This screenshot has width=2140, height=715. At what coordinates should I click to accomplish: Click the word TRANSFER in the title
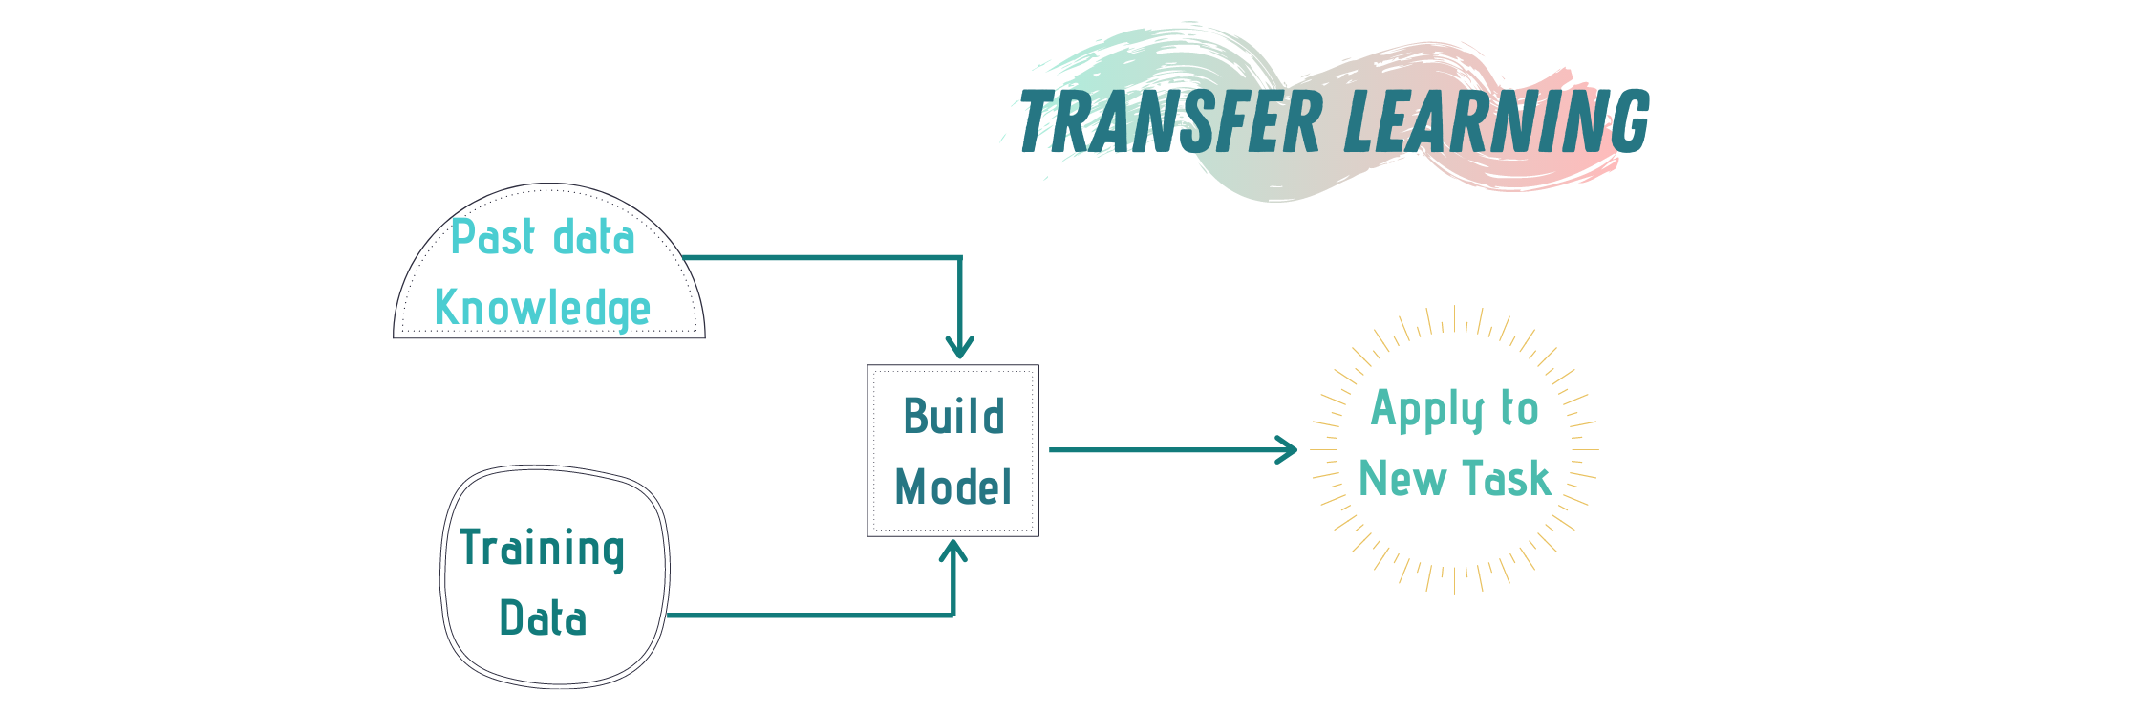point(1169,121)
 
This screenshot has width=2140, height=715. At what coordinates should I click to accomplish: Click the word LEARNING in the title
point(1497,121)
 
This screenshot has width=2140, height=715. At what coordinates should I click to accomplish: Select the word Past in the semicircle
point(493,236)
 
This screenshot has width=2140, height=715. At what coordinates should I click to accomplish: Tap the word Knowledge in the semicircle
point(542,308)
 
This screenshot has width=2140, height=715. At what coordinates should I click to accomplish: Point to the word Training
point(542,548)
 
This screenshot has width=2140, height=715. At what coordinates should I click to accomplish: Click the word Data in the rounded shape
point(543,617)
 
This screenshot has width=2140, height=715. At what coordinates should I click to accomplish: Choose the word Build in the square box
point(953,417)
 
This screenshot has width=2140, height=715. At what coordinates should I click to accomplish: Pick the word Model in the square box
point(952,487)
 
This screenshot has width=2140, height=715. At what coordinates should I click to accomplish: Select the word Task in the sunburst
point(1507,478)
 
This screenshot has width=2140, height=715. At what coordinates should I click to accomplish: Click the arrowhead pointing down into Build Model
point(959,346)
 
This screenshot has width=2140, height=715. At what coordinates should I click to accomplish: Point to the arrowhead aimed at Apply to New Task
point(1287,449)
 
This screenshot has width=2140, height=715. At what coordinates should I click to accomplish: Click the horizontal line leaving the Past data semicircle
point(822,257)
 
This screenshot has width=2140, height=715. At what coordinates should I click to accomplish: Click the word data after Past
point(593,236)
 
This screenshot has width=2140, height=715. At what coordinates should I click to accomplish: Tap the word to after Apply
point(1519,408)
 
